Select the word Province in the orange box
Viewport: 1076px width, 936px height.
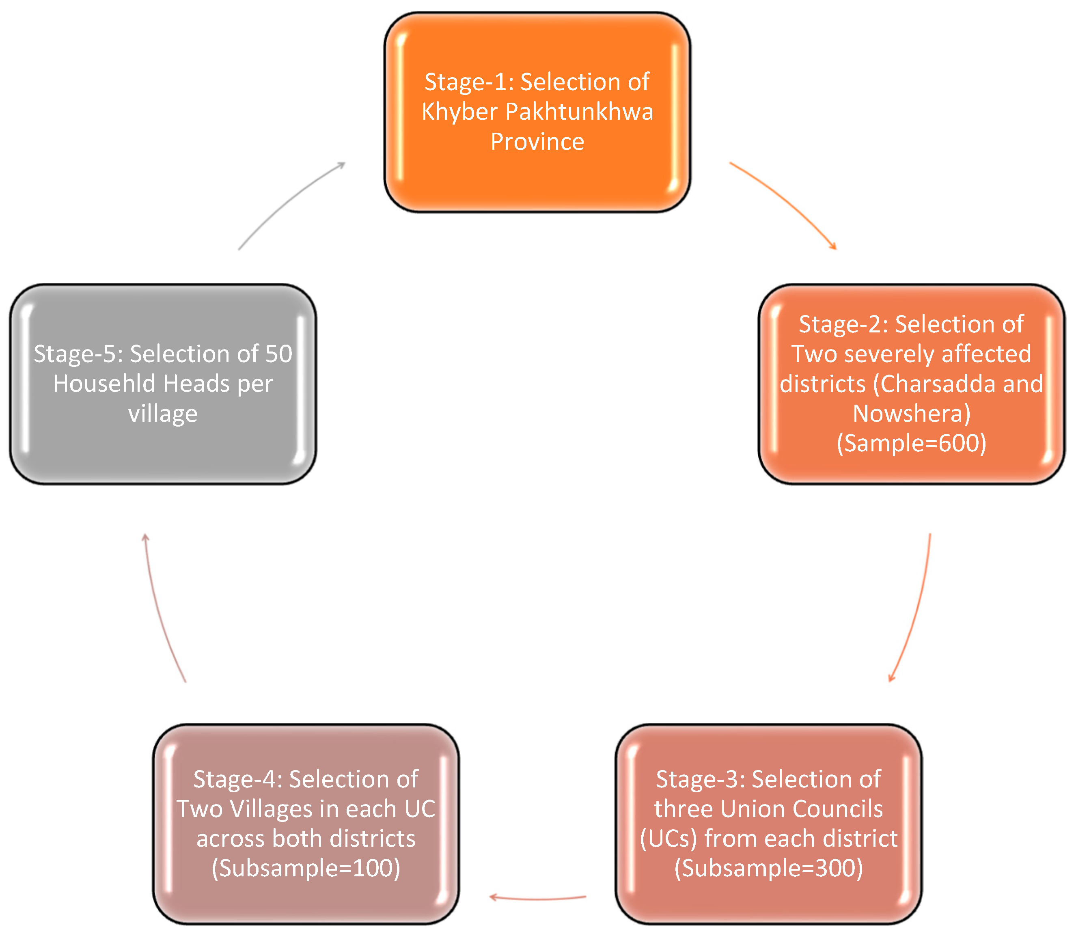click(x=537, y=142)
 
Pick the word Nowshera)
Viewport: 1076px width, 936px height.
click(x=912, y=414)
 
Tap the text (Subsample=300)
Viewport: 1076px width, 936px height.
click(x=768, y=869)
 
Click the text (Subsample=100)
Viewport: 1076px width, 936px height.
click(x=306, y=869)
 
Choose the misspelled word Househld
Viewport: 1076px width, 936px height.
click(x=104, y=384)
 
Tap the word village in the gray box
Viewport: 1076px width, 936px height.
click(x=163, y=414)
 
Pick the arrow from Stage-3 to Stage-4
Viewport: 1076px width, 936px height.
click(x=538, y=898)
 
